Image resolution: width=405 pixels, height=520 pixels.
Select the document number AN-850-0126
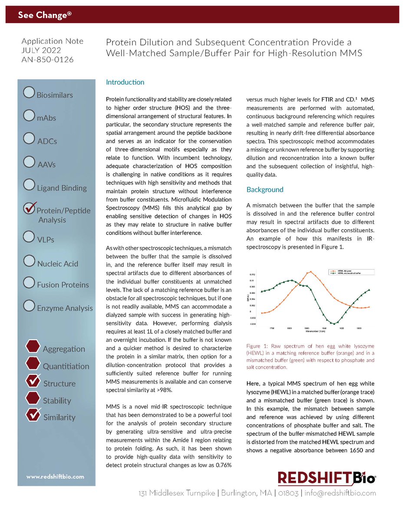[x=47, y=59]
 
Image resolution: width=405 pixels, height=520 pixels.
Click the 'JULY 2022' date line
[x=42, y=50]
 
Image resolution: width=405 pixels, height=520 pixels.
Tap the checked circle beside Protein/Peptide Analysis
[x=30, y=208]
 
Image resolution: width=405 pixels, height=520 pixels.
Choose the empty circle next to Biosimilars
[x=29, y=92]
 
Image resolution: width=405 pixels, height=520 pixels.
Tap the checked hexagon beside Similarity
[x=33, y=415]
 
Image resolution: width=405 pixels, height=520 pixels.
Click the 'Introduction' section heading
[x=125, y=82]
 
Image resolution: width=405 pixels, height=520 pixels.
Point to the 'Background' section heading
[x=265, y=189]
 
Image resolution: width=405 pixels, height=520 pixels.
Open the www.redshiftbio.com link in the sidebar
[x=55, y=477]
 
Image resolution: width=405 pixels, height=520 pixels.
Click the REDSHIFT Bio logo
[x=326, y=478]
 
